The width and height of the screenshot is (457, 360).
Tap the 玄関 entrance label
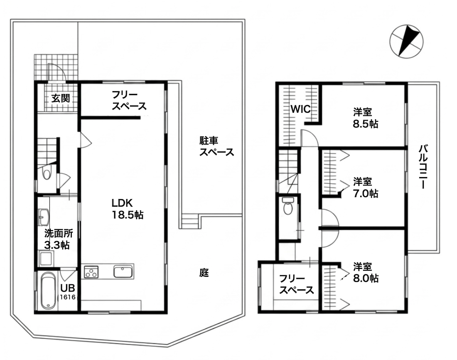[60, 99]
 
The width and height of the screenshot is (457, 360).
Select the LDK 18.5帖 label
[127, 209]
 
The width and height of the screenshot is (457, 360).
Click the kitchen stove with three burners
[91, 272]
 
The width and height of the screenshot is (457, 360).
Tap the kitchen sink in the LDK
[123, 272]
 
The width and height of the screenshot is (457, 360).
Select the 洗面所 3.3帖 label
[57, 239]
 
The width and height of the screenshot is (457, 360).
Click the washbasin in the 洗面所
[44, 217]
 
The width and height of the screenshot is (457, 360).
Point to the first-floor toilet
[46, 173]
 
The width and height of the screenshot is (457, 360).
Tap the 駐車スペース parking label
[216, 147]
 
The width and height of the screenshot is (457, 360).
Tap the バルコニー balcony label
[423, 167]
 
